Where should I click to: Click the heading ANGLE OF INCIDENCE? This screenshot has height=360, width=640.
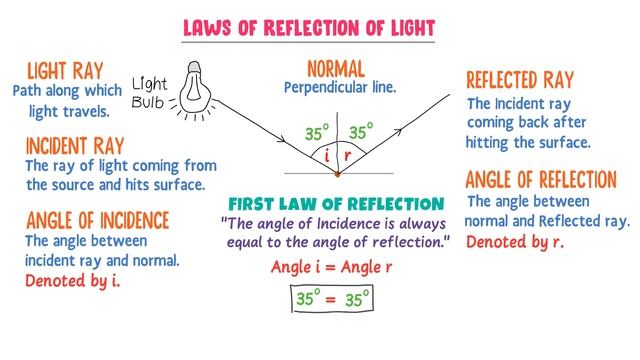(97, 219)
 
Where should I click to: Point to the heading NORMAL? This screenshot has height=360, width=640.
(336, 69)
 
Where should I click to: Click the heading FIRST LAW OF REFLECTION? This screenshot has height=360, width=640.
(336, 204)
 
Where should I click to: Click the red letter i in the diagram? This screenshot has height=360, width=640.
(327, 156)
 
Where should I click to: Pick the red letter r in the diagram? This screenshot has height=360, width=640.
(347, 156)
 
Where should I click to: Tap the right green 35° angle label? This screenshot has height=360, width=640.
(360, 130)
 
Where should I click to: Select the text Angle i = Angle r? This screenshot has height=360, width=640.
(333, 267)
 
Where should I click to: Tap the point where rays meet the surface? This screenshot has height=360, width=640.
(337, 175)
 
